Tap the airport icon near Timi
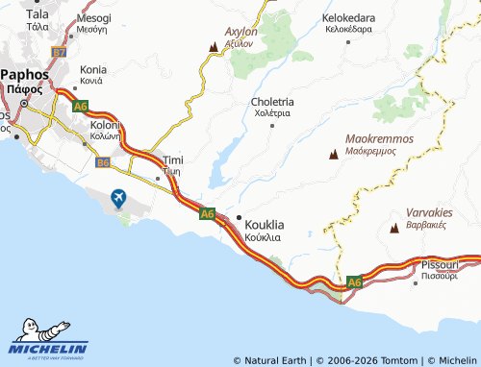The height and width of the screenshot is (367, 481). pyautogui.click(x=118, y=199)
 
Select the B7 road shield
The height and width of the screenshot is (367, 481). pyautogui.click(x=60, y=52)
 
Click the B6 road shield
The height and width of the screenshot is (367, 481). pyautogui.click(x=103, y=163)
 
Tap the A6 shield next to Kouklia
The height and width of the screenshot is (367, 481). pyautogui.click(x=207, y=213)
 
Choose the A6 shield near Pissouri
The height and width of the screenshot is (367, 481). pyautogui.click(x=354, y=281)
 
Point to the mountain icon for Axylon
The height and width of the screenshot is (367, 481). pyautogui.click(x=214, y=45)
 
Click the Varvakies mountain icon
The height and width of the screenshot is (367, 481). pyautogui.click(x=395, y=228)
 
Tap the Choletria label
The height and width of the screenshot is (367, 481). pyautogui.click(x=271, y=101)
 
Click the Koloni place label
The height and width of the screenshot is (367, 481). pyautogui.click(x=105, y=126)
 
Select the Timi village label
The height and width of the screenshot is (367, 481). pyautogui.click(x=173, y=159)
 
